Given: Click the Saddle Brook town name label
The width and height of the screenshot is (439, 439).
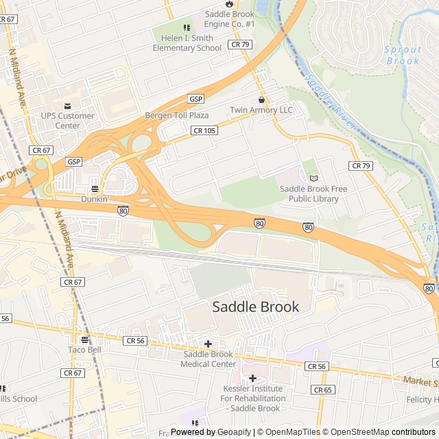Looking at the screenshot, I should (256, 307).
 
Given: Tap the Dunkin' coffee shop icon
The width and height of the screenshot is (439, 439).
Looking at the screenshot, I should (95, 189).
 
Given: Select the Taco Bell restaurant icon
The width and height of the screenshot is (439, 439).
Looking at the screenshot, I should (84, 339).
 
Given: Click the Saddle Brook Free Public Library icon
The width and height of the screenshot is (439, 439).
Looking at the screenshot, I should (314, 178).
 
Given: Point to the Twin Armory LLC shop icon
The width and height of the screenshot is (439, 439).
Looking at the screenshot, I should (261, 99).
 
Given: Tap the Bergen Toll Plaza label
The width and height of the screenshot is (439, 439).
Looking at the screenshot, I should (177, 115).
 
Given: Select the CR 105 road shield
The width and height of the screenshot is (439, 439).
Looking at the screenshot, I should (205, 130).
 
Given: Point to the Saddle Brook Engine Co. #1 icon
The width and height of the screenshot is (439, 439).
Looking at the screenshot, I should (229, 4).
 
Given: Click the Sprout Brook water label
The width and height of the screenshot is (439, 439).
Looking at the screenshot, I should (402, 55).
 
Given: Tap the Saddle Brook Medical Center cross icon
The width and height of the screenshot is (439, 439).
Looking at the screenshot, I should (208, 344).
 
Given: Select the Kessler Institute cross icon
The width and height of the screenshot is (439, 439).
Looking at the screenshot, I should (252, 378).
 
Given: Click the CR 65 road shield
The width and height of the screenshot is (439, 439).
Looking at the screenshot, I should (322, 390).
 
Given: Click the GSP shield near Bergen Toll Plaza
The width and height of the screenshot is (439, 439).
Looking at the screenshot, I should (196, 99).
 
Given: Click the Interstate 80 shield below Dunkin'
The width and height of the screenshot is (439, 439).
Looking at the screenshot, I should (123, 211).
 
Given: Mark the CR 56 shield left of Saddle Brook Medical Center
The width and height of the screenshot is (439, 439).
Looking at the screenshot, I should (135, 340).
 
